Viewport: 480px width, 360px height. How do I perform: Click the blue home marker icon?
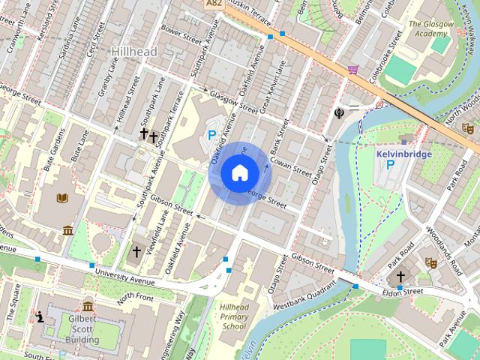[239, 173]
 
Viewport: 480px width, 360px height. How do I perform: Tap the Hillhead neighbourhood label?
[134, 51]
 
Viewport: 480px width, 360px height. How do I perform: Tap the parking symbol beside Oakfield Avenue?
[212, 135]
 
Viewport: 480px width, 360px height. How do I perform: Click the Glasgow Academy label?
[430, 28]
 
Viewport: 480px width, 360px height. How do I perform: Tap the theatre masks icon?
[430, 262]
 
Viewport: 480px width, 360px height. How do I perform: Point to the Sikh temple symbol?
[340, 113]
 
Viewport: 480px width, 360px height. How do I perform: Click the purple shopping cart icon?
[352, 70]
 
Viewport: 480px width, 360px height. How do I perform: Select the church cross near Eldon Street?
[400, 277]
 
